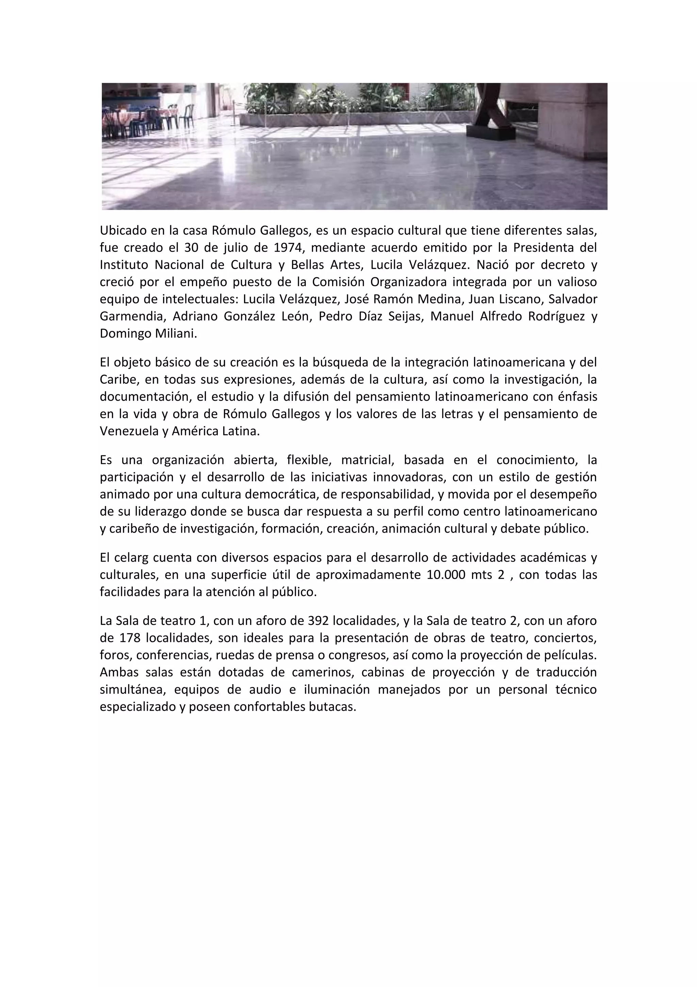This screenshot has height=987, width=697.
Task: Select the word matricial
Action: pos(368,460)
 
